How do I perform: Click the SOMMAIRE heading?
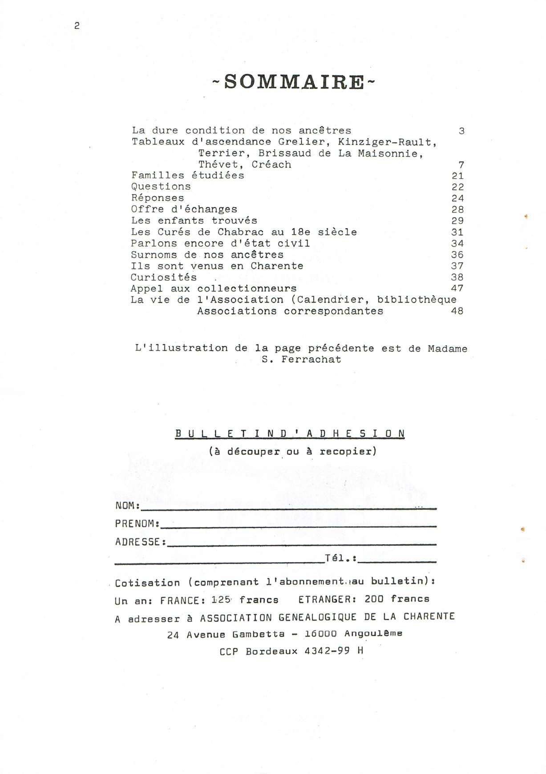294,82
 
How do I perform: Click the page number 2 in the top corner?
77,26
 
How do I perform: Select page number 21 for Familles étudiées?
457,176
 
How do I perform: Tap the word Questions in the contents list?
161,187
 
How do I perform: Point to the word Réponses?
157,198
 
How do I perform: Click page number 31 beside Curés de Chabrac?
457,232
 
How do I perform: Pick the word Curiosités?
163,277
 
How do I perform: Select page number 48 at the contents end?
457,311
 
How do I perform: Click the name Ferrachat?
311,360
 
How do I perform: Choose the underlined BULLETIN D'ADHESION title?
290,433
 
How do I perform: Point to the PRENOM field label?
136,524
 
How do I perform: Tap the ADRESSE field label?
139,542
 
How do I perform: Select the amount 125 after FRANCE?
221,599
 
